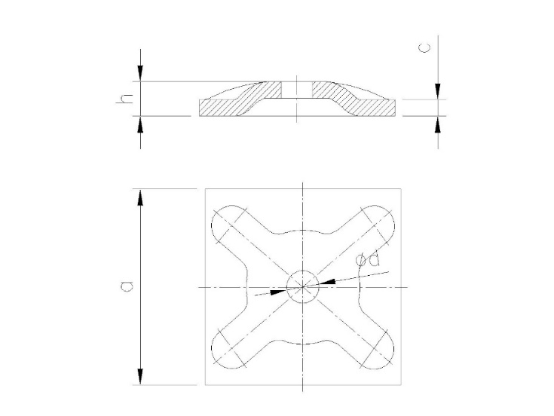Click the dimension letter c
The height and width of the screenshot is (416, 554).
point(426,47)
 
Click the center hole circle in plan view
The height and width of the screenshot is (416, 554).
point(302,286)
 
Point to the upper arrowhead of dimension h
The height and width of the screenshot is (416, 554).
point(140,73)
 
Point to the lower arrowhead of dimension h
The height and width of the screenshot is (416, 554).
point(140,125)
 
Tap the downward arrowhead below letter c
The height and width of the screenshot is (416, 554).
point(438,90)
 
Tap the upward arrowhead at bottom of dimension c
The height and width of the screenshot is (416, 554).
point(438,125)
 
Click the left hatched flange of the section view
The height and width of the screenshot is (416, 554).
point(226,108)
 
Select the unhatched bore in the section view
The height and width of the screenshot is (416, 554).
point(298,90)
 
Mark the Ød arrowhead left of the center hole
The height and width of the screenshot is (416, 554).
point(277,291)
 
